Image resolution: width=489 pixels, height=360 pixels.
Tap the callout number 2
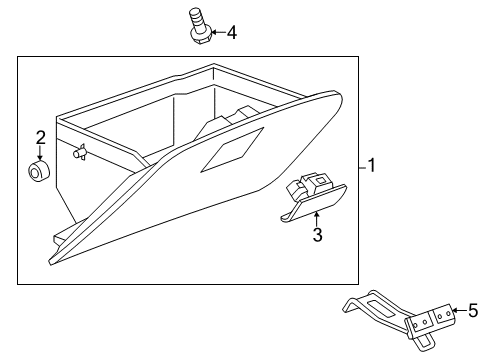click(x=40, y=137)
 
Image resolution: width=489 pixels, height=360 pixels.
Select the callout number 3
click(x=316, y=235)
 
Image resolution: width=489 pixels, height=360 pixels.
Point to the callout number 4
click(x=231, y=33)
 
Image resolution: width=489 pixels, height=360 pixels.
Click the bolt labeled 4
click(x=198, y=26)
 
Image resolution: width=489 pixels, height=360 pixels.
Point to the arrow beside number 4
click(x=216, y=33)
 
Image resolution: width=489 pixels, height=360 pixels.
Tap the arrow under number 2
click(x=40, y=155)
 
